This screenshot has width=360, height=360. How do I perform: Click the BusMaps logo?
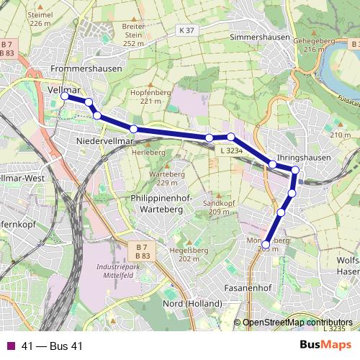(325, 346)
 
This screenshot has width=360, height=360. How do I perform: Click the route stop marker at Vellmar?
(65, 96)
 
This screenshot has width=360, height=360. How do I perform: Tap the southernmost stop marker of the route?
(266, 245)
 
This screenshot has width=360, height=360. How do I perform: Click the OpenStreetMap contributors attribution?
(297, 323)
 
